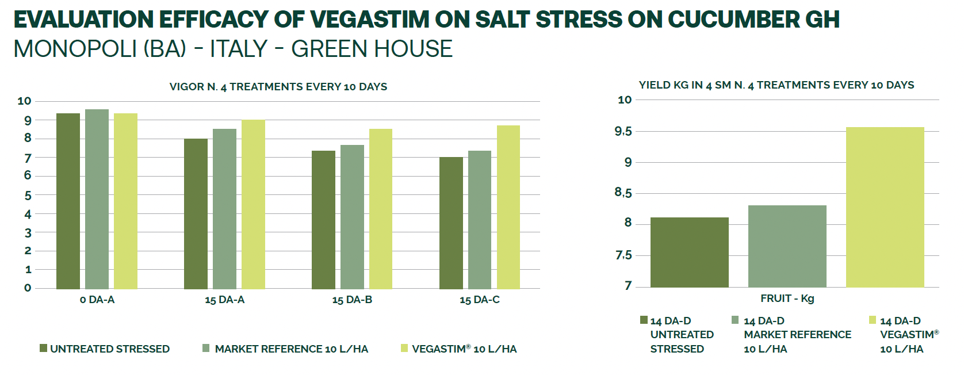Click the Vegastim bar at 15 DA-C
(508, 207)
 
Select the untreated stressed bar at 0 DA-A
(68, 201)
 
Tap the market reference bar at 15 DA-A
(224, 209)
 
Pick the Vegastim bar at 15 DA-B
(380, 209)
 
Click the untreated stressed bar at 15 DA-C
(451, 223)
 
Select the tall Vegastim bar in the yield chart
(885, 207)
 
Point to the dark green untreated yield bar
(690, 252)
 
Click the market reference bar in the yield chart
(787, 246)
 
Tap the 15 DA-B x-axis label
(352, 300)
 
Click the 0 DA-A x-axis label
(97, 300)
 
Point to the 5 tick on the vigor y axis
(28, 196)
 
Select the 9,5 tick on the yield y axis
(623, 131)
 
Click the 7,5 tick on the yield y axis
(623, 255)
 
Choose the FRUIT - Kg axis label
(787, 299)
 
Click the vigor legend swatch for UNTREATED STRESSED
(43, 348)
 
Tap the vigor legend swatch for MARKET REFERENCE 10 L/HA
(206, 348)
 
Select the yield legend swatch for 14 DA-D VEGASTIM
(873, 320)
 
